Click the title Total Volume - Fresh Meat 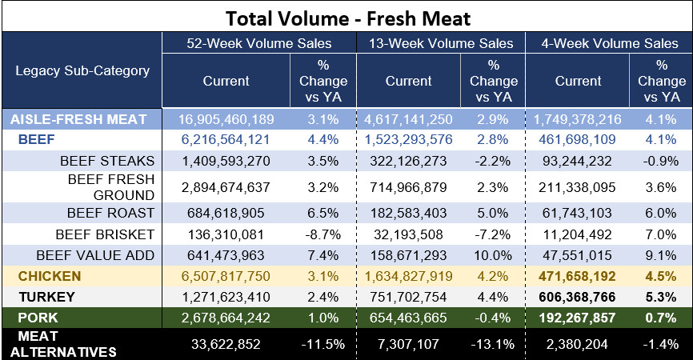tap(348, 18)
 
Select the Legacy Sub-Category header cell tap(82, 70)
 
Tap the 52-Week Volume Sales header tap(259, 43)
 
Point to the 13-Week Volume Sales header tap(441, 43)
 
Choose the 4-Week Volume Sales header tap(610, 43)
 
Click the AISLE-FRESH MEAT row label tap(78, 119)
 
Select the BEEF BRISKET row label tap(105, 234)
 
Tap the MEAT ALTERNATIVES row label tap(63, 344)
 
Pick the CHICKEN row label tap(50, 276)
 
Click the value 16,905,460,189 tap(226, 119)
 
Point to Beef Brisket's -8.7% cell tap(323, 234)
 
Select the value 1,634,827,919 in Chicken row tap(408, 276)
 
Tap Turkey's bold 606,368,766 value tap(577, 297)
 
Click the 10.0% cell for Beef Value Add tap(493, 255)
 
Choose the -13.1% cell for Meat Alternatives tap(493, 344)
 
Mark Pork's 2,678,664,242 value tap(226, 318)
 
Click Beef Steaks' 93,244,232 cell tap(577, 161)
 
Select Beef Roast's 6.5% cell tap(323, 213)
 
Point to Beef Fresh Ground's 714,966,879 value tap(408, 187)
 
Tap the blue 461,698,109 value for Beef tap(577, 139)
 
